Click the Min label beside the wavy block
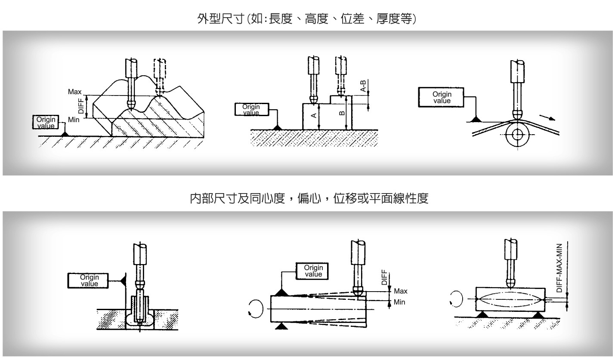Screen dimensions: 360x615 [73, 119]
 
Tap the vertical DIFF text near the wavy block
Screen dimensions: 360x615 [81, 106]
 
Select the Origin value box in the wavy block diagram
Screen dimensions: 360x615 [44, 122]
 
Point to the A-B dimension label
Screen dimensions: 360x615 [364, 86]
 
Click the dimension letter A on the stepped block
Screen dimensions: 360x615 [314, 115]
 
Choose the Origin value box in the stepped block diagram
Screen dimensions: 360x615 [251, 109]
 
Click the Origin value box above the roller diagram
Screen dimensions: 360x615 [442, 98]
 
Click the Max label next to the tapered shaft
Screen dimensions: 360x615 [401, 291]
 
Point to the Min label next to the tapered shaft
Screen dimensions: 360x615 [399, 302]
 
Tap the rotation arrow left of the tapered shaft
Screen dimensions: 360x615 [255, 308]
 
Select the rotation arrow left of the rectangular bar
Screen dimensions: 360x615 [455, 299]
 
